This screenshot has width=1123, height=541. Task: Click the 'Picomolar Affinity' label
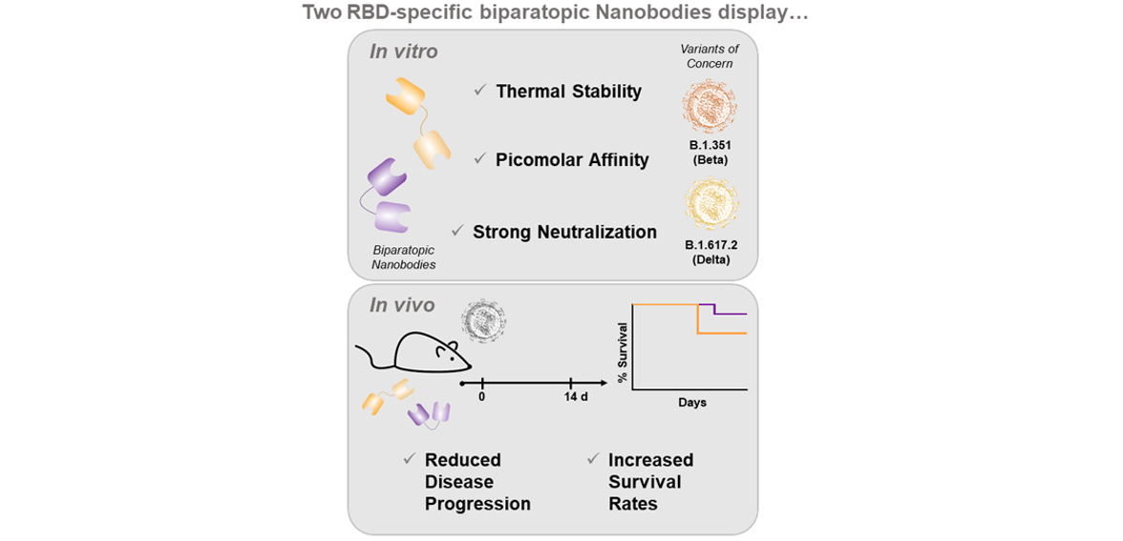click(572, 159)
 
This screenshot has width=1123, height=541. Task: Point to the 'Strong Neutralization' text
click(565, 232)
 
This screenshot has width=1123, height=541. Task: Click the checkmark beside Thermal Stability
click(480, 92)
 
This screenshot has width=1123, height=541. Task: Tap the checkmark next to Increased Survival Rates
click(592, 458)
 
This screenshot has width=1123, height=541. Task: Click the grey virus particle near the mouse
click(484, 319)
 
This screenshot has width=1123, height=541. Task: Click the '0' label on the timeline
click(483, 398)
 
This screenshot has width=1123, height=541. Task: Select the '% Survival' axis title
click(623, 345)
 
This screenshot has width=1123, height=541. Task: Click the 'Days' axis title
click(692, 403)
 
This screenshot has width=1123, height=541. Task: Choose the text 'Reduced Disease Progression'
click(477, 481)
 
